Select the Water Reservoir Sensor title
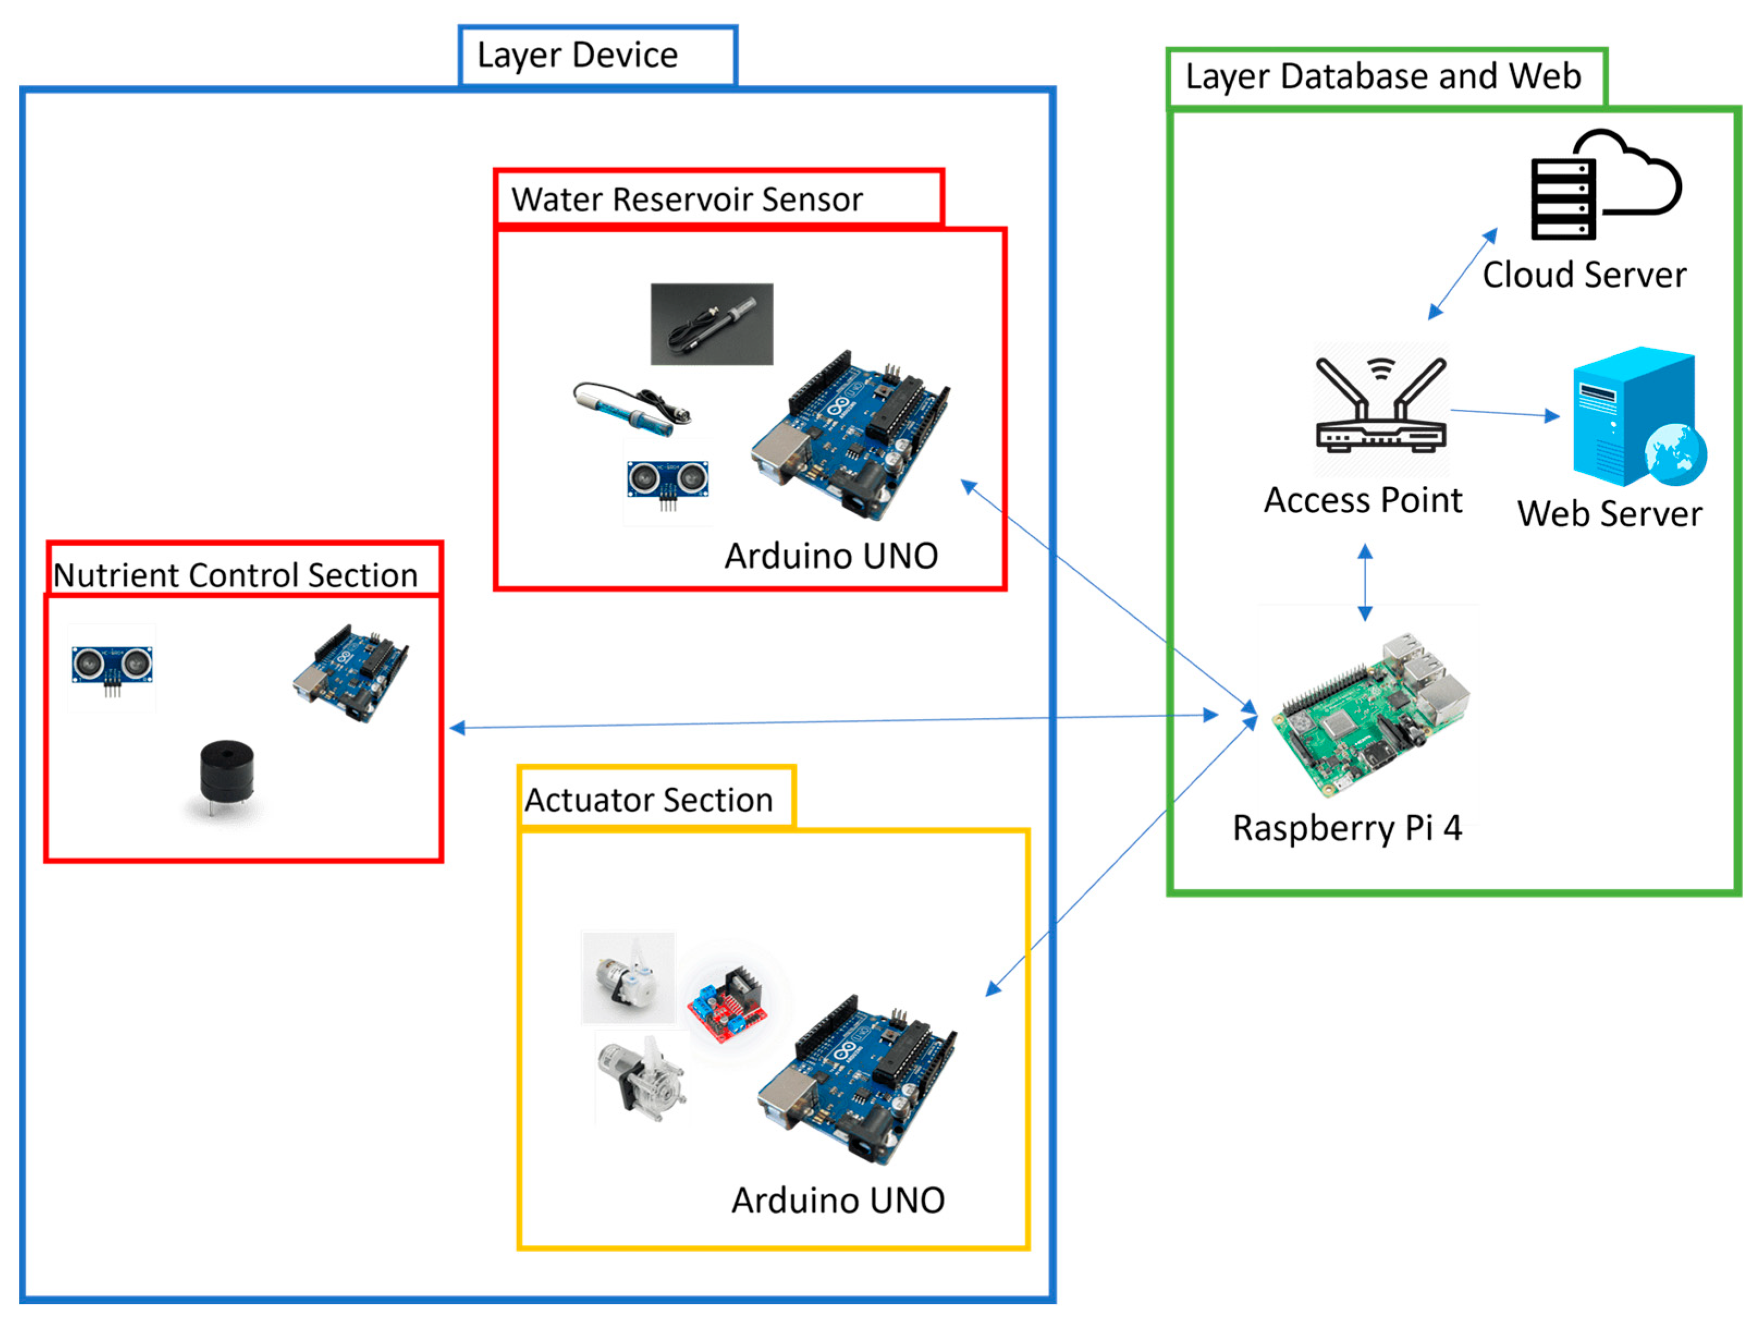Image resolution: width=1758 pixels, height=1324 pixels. click(687, 200)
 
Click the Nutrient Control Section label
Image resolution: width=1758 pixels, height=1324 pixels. click(235, 575)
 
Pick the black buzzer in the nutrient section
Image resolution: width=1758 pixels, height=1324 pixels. click(226, 775)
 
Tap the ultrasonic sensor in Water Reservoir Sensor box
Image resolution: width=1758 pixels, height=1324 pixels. click(668, 482)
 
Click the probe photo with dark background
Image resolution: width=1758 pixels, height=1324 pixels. click(711, 324)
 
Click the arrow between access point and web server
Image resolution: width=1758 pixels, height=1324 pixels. click(1504, 413)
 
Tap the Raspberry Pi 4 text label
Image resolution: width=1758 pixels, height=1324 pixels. click(1347, 829)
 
